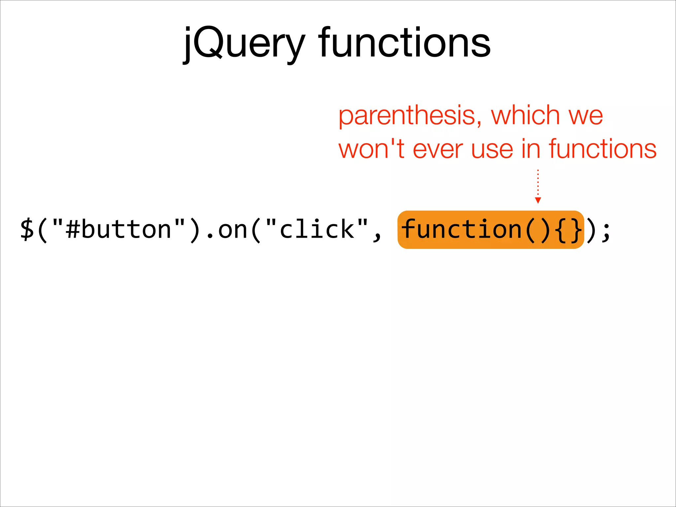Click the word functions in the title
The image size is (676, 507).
point(404,43)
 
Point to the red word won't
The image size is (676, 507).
point(371,149)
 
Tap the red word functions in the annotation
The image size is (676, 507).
point(602,149)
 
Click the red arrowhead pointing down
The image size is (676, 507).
point(538,200)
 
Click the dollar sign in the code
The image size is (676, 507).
point(27,230)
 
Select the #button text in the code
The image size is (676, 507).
point(118,230)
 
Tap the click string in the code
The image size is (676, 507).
point(317,230)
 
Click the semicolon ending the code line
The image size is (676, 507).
point(606,231)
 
